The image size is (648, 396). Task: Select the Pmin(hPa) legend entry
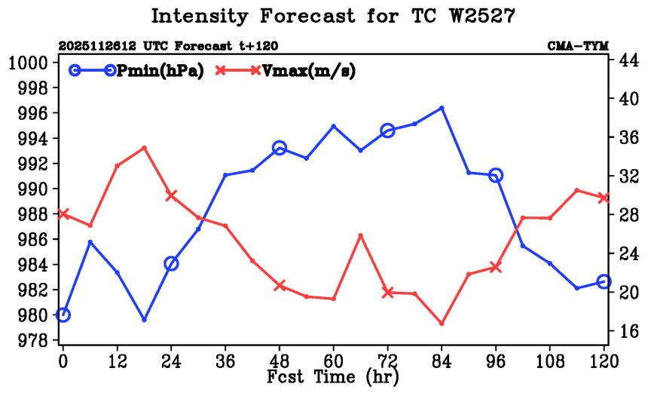[135, 71]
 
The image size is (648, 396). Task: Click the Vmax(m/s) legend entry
[286, 71]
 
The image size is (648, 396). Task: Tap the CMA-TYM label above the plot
[578, 47]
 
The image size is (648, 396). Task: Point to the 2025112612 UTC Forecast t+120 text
[168, 47]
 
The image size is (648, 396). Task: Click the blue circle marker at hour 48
[280, 148]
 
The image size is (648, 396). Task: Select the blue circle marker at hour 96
[496, 175]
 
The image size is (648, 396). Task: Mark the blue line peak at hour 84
[442, 108]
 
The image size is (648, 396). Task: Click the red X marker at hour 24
[171, 195]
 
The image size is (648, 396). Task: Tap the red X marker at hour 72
[388, 292]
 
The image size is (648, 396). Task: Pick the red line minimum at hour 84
[442, 324]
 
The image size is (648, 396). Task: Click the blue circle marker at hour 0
[63, 315]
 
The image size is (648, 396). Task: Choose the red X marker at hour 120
[604, 198]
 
